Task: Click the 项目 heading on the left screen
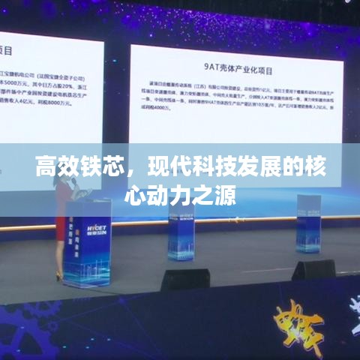click(x=8, y=50)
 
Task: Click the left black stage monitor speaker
click(x=185, y=279)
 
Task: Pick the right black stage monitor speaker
click(x=313, y=268)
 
